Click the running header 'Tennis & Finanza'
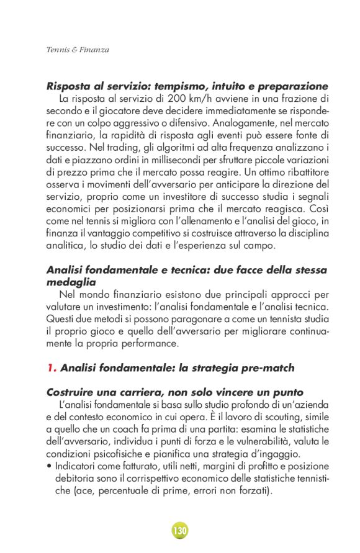[78, 50]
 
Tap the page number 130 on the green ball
[180, 531]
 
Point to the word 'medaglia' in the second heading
[70, 281]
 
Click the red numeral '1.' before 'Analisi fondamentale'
[52, 367]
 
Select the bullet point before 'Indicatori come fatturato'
[49, 465]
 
